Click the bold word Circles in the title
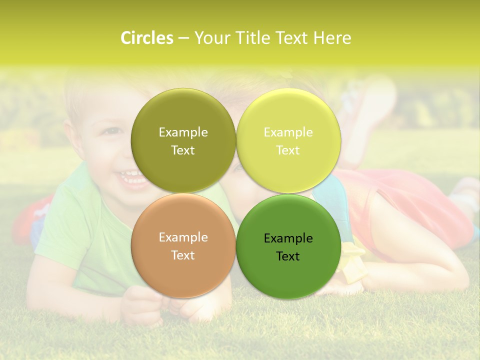pos(147,38)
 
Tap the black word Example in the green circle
pos(288,238)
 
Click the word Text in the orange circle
pos(183,255)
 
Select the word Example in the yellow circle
pos(288,132)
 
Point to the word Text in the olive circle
pos(183,150)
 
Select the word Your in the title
pos(210,38)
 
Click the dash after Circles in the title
pos(183,38)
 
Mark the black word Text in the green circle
pos(288,256)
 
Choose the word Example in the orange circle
pos(183,237)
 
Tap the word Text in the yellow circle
pos(288,150)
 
